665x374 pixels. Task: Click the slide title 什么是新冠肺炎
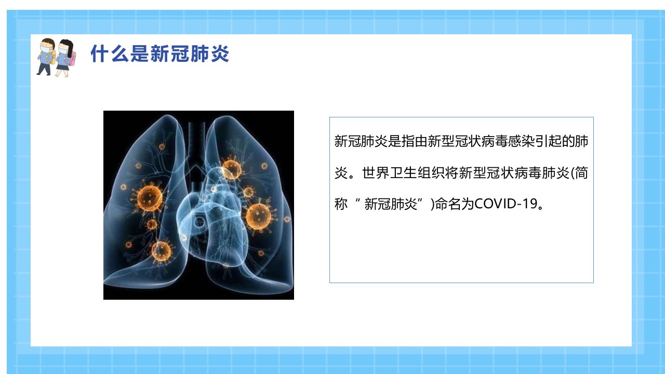159,54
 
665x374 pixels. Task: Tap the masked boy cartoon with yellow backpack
46,57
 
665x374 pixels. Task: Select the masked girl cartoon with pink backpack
66,58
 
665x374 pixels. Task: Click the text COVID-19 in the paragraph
506,204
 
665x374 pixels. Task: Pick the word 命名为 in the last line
454,204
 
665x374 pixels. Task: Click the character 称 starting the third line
341,204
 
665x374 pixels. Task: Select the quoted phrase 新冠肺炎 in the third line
391,204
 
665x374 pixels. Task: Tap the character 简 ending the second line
581,173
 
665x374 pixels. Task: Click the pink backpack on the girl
72,59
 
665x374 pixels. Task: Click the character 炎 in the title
220,54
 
